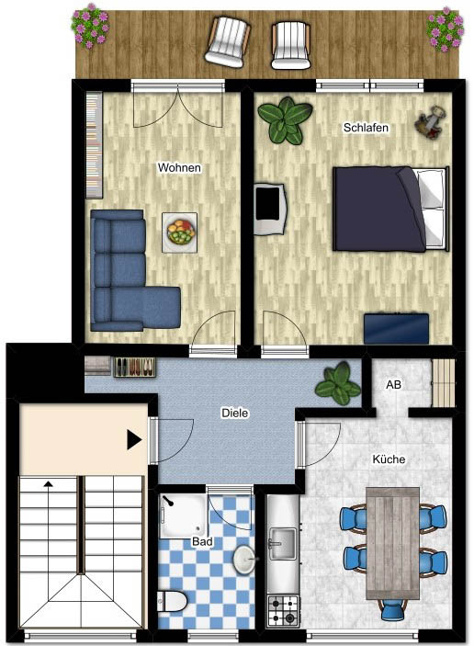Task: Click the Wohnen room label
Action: point(179,167)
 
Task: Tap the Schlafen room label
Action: point(366,128)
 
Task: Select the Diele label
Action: point(235,413)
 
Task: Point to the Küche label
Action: point(389,459)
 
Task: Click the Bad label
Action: point(202,541)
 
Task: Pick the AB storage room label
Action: point(393,384)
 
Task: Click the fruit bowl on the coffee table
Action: point(180,232)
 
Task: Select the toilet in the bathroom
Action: point(172,602)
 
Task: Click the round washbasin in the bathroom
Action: point(244,559)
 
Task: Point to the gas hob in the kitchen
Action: point(283,610)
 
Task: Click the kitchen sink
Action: point(282,544)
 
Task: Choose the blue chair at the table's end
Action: point(392,610)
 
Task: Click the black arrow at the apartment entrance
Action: point(134,440)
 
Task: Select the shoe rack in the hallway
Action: point(135,367)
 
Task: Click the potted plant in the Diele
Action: point(338,383)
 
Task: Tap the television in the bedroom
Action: point(269,210)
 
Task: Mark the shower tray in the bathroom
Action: point(184,516)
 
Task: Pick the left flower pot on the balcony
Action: point(90,26)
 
